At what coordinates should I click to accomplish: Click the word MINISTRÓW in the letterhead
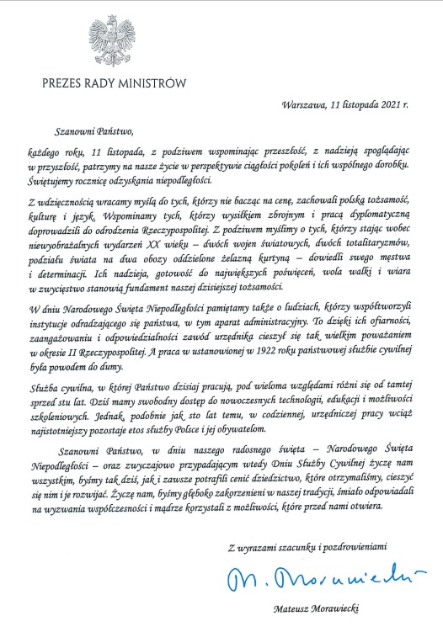tap(148, 83)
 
